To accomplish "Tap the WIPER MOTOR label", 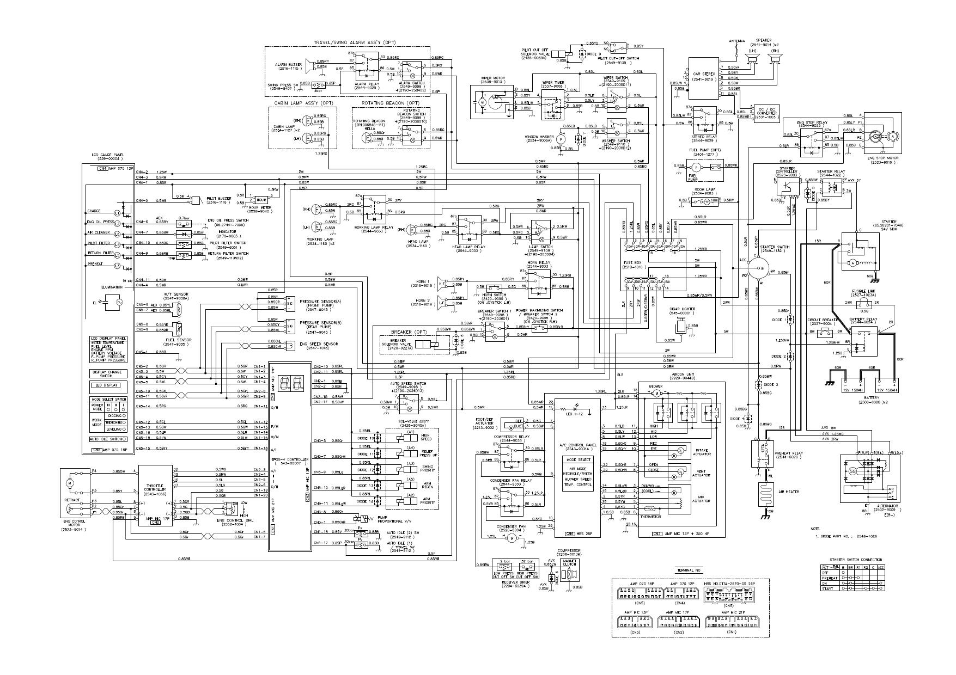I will tap(492, 78).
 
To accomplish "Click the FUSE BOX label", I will tap(632, 264).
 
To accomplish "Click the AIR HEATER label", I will tap(788, 492).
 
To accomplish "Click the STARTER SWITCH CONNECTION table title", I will tap(856, 560).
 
